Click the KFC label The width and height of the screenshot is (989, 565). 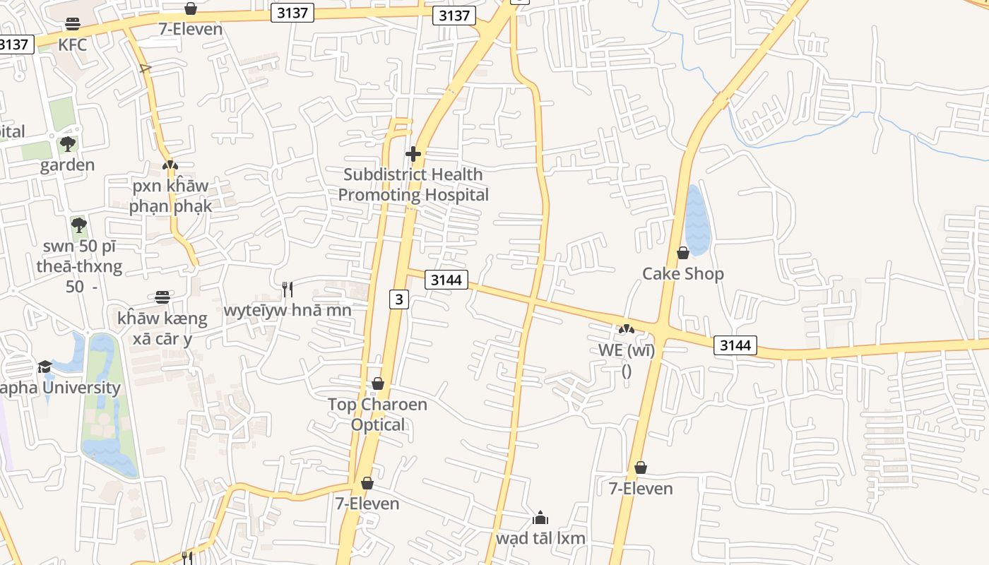click(x=72, y=44)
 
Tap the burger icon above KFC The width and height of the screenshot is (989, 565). click(x=72, y=24)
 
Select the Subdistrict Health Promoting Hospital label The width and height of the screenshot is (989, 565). click(x=413, y=184)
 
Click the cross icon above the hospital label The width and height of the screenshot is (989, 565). click(x=413, y=153)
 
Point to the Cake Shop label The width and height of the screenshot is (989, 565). click(x=682, y=273)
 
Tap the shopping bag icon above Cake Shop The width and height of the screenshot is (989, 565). click(x=682, y=253)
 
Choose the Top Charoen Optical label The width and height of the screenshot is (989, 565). click(x=378, y=414)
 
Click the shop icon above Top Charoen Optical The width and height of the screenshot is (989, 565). click(x=378, y=383)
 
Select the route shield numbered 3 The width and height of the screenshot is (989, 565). click(x=399, y=299)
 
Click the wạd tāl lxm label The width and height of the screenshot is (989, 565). click(x=540, y=538)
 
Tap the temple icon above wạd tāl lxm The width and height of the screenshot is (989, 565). click(x=540, y=518)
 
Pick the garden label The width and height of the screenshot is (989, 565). click(x=67, y=165)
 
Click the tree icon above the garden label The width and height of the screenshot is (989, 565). click(x=68, y=145)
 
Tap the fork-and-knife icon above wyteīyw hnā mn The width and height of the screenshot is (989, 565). click(x=288, y=290)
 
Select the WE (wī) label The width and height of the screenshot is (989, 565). click(x=626, y=350)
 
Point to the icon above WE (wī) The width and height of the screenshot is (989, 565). click(x=626, y=329)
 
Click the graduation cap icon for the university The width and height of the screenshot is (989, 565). click(x=45, y=367)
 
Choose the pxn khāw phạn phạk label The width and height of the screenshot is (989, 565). click(x=170, y=196)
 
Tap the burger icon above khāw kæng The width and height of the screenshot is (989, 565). click(x=162, y=297)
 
